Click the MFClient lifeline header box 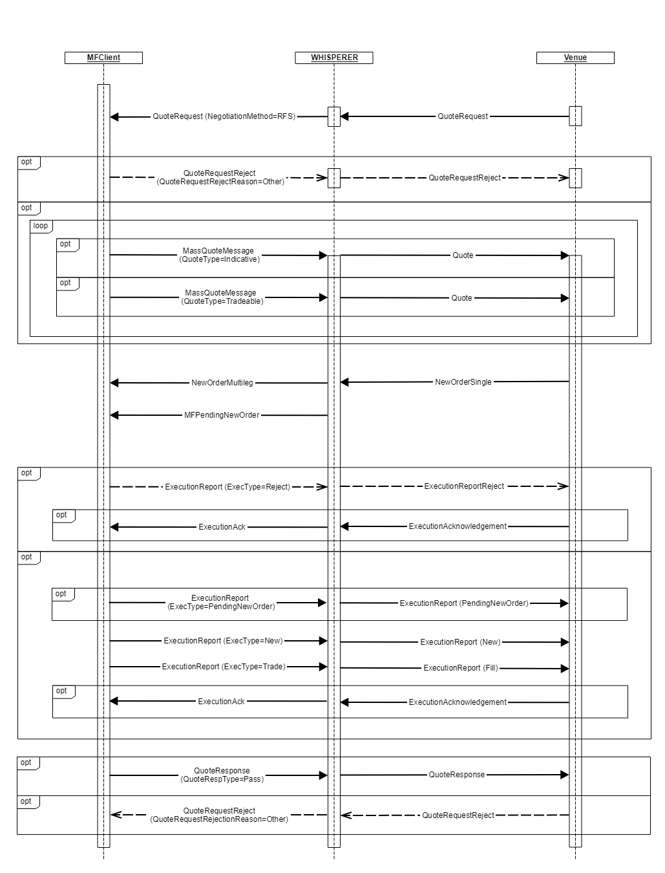click(103, 58)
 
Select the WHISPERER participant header click(334, 58)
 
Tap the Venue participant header click(575, 58)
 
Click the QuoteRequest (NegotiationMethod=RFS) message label click(224, 116)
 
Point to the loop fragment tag click(41, 226)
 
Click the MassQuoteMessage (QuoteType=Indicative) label click(218, 255)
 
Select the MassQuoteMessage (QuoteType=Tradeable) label click(222, 297)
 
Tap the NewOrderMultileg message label click(222, 383)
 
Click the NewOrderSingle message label click(463, 382)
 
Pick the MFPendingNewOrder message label click(222, 415)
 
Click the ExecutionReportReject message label click(464, 486)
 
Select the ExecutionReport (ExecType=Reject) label click(227, 486)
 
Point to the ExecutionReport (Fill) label click(461, 668)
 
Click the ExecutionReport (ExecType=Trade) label click(224, 667)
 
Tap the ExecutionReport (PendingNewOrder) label click(463, 603)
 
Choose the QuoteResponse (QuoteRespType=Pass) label click(222, 775)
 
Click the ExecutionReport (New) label click(460, 642)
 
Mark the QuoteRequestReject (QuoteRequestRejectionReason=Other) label click(219, 815)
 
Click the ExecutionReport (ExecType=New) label click(223, 641)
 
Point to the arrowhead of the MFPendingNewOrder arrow click(114, 415)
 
